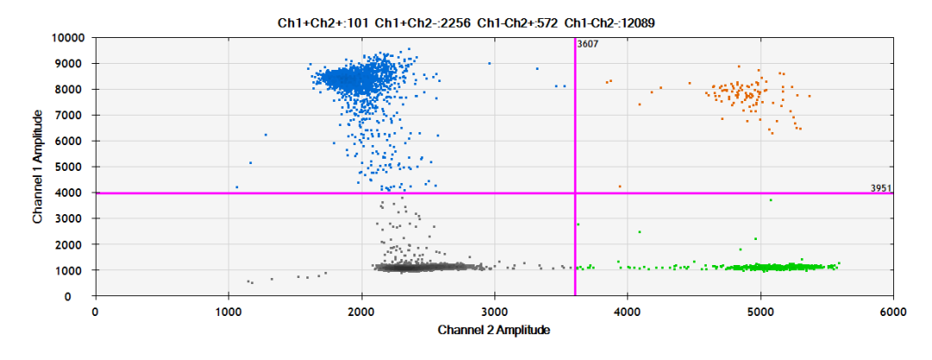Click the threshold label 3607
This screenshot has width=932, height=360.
click(588, 44)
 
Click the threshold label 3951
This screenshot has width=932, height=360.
click(880, 187)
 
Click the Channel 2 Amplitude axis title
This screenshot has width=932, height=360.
click(494, 330)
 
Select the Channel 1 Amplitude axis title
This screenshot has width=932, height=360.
click(39, 167)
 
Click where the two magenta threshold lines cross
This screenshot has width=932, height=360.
click(575, 193)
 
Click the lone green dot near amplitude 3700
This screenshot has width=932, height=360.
click(771, 200)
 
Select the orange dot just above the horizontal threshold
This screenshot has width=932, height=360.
click(620, 186)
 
